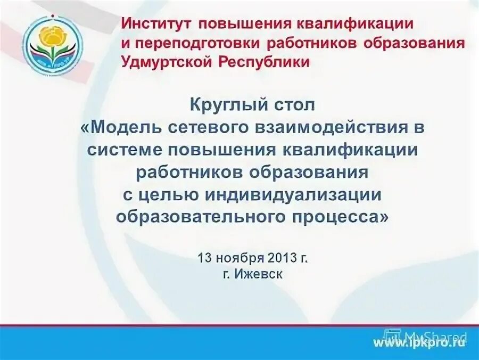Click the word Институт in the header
tap(151, 24)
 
